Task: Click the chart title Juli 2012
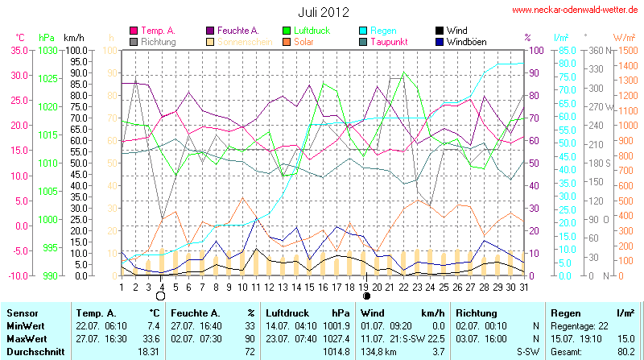click(322, 11)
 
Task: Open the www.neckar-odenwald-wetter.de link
click(576, 10)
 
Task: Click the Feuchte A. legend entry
click(237, 30)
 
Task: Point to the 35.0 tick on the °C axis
click(19, 50)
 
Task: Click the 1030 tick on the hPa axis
click(47, 50)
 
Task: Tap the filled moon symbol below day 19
click(365, 296)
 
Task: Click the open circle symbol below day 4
click(161, 296)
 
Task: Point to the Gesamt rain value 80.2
click(625, 352)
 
